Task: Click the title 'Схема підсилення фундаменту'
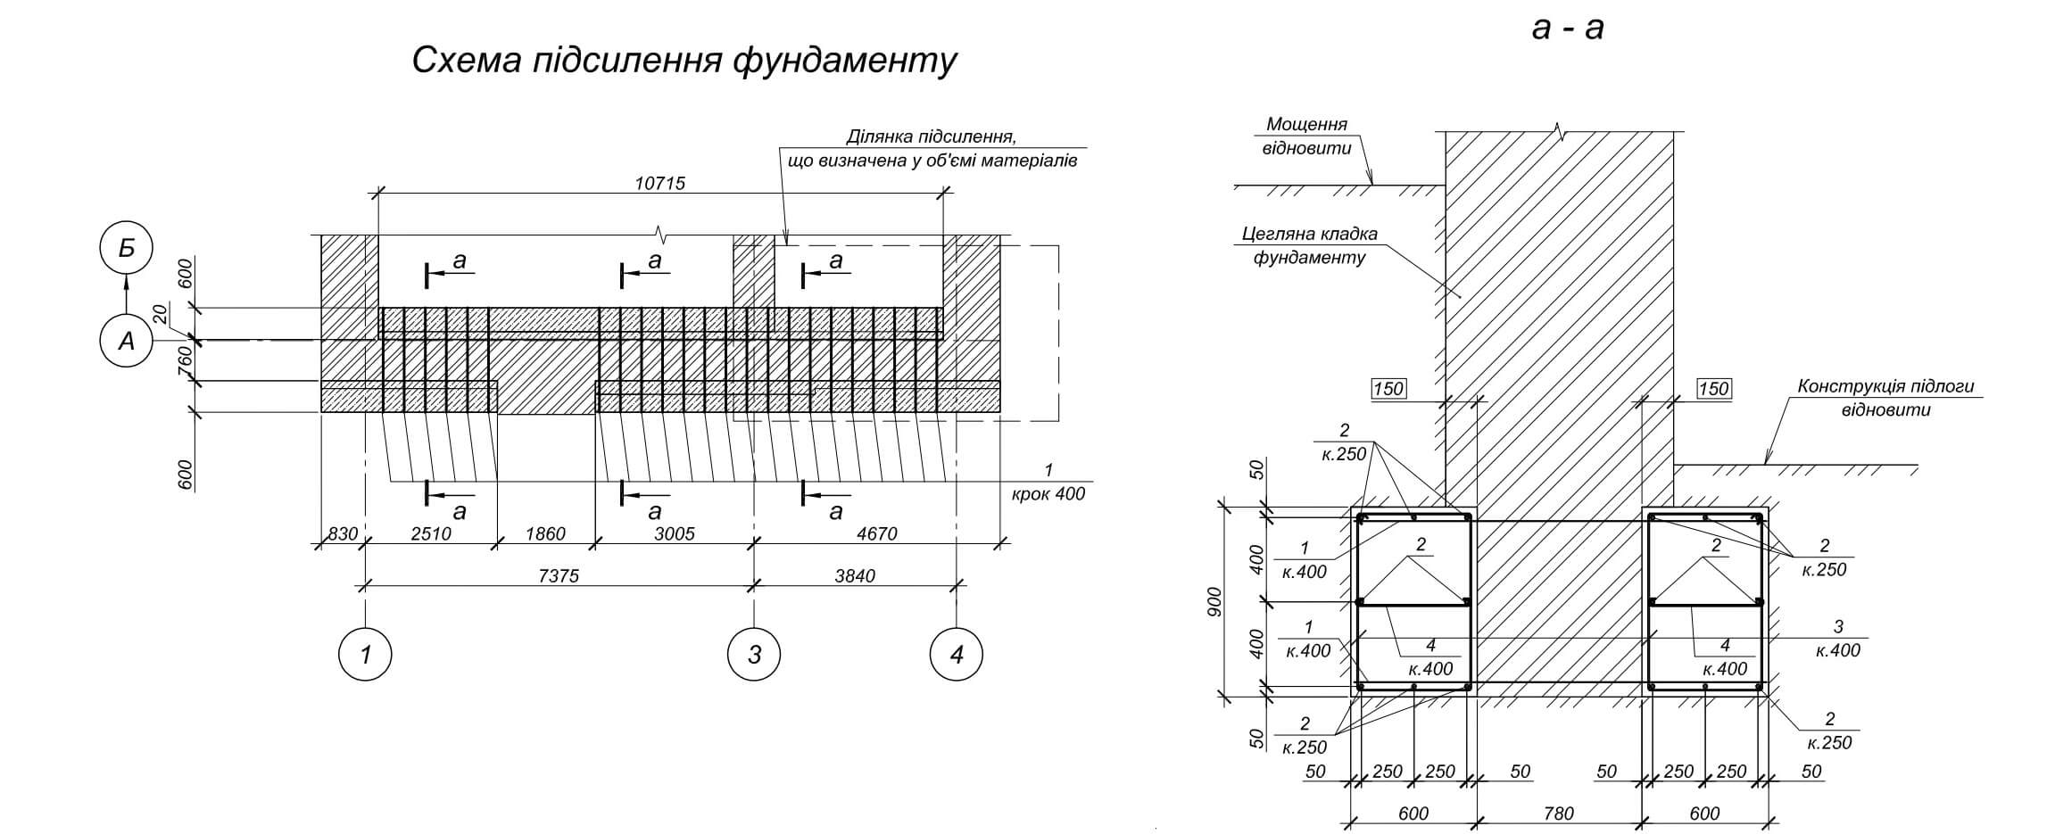click(684, 61)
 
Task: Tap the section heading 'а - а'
click(1567, 29)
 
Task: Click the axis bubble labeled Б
click(126, 248)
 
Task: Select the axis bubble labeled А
click(126, 340)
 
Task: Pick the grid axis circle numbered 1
click(365, 655)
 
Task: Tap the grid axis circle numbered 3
click(754, 655)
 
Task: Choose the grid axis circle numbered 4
click(957, 655)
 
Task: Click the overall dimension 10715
click(659, 183)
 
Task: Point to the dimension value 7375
click(559, 576)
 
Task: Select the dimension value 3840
click(854, 576)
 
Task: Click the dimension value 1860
click(545, 534)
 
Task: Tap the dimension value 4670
click(876, 534)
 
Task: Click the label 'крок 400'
click(1048, 493)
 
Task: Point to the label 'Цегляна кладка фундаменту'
click(1309, 246)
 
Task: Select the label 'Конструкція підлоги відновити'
click(1885, 398)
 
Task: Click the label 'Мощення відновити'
click(1306, 136)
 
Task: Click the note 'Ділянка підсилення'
click(932, 149)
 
